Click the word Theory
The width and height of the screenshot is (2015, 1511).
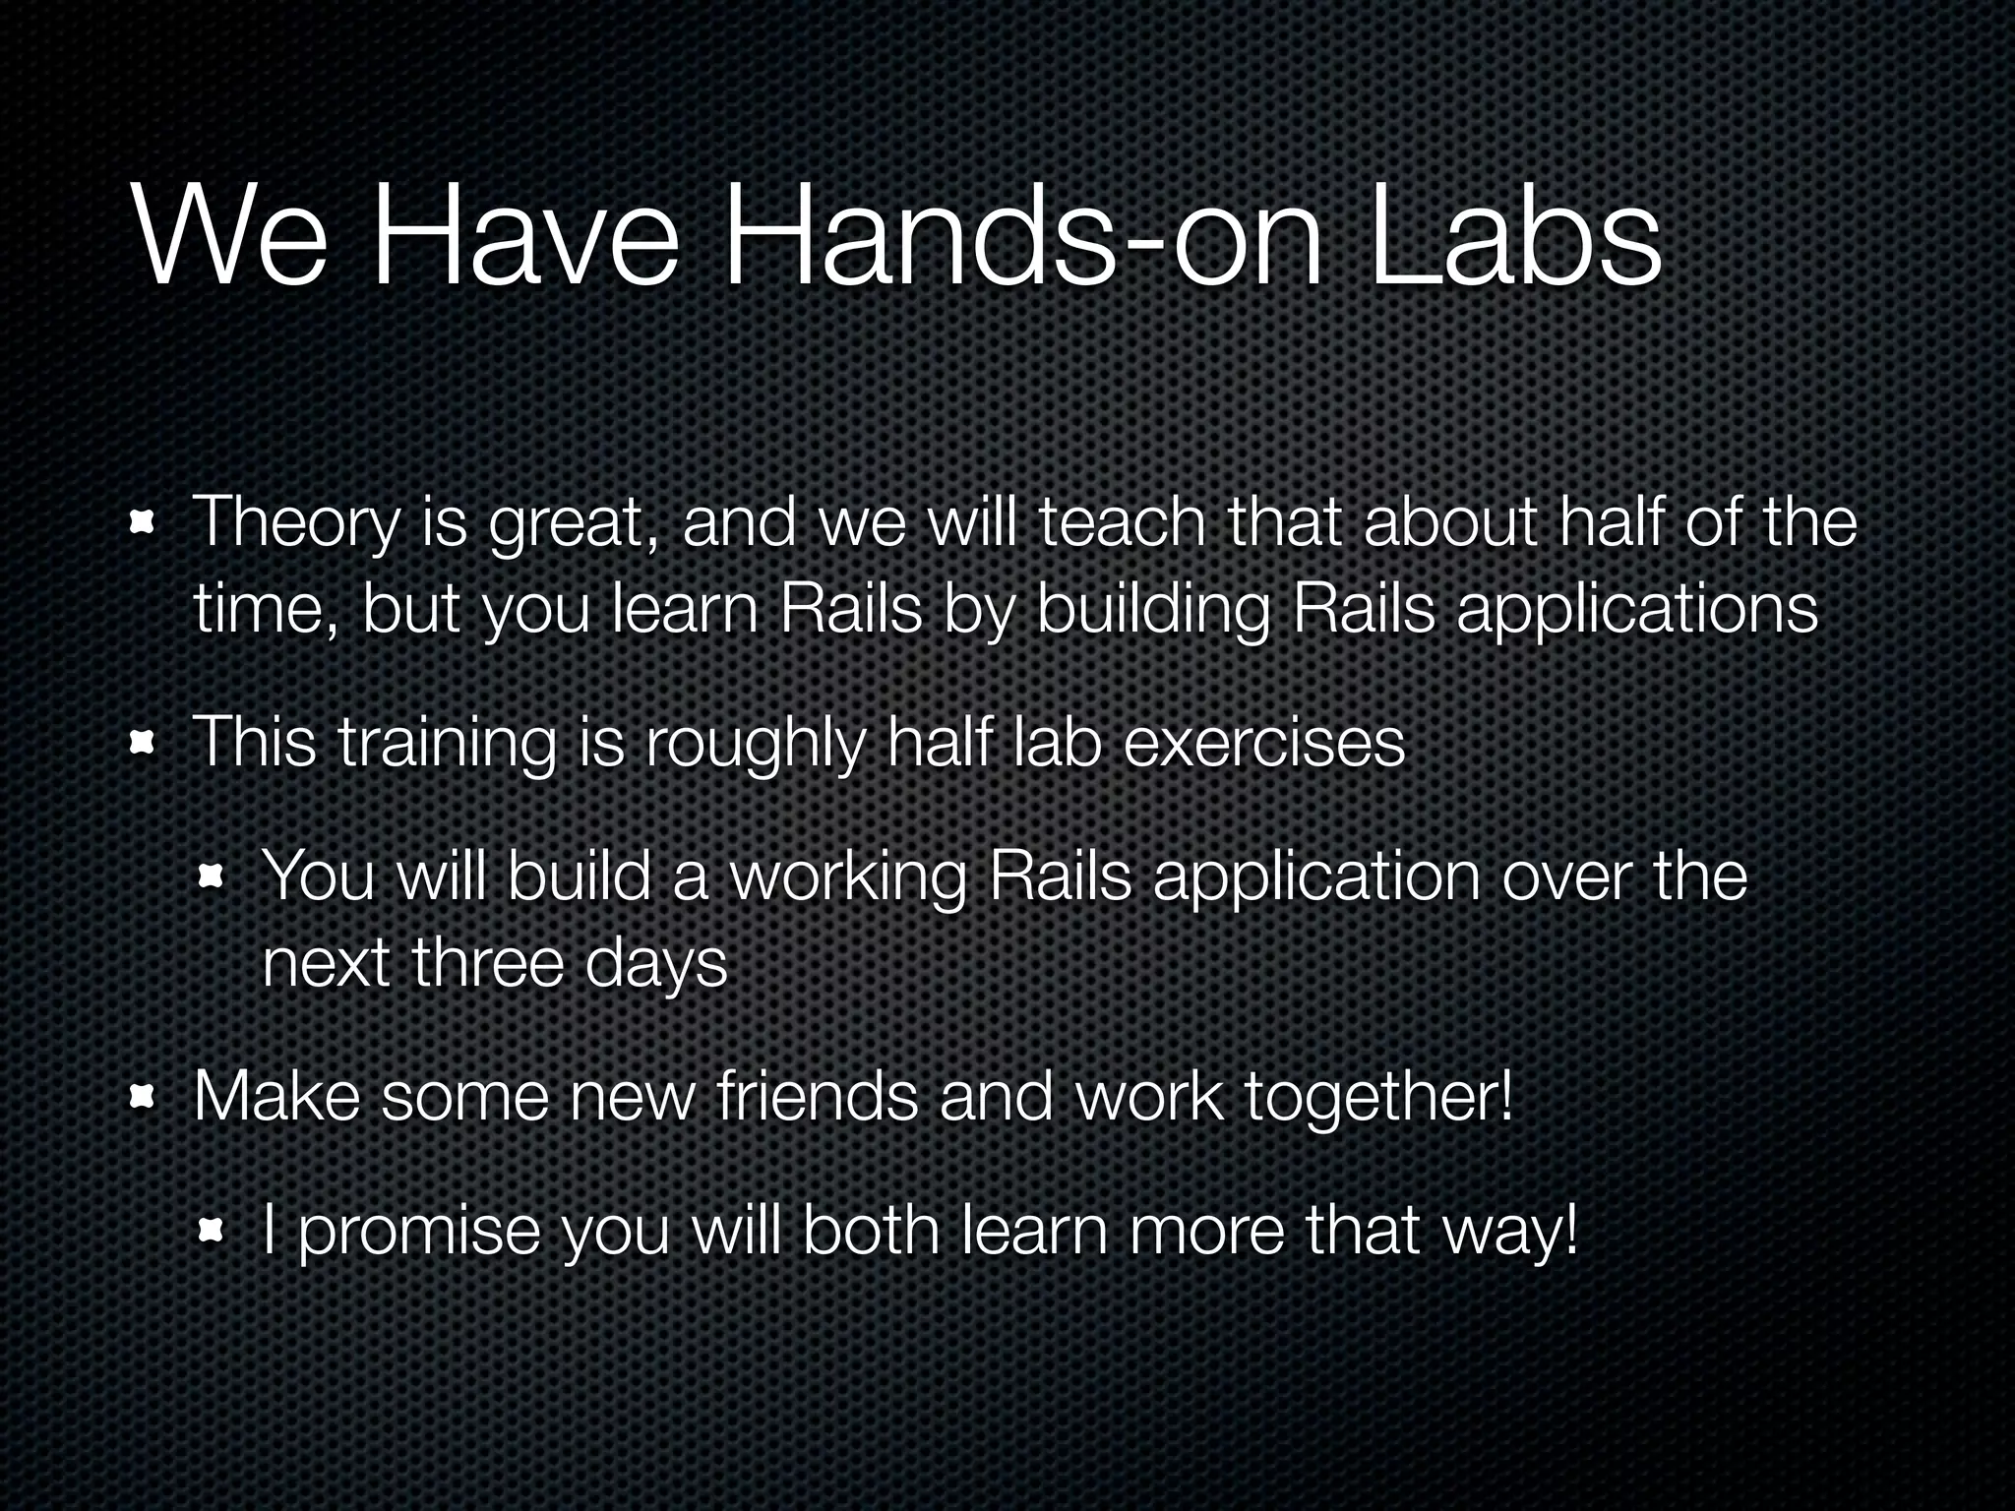pyautogui.click(x=295, y=524)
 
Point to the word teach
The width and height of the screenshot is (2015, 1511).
pyautogui.click(x=1122, y=522)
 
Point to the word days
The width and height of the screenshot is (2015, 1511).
pyautogui.click(x=655, y=965)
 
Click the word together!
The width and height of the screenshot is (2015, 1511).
pyautogui.click(x=1378, y=1098)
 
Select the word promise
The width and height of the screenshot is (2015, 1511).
pyautogui.click(x=419, y=1232)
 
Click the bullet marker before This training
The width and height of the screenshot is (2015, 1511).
pyautogui.click(x=144, y=745)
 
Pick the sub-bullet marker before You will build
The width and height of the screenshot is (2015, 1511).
pyautogui.click(x=212, y=877)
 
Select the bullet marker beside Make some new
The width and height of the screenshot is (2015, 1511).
pyautogui.click(x=144, y=1098)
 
